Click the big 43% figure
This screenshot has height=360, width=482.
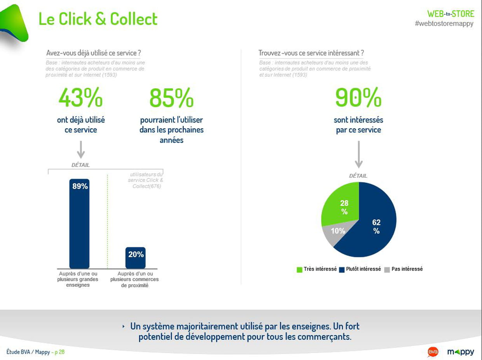(80, 97)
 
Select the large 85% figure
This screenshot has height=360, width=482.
(171, 98)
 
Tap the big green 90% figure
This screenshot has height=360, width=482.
(358, 97)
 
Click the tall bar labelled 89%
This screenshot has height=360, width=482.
(79, 224)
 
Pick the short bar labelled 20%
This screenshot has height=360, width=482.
(135, 258)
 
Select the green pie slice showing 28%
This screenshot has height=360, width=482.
(342, 204)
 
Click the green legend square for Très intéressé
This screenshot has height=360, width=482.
(299, 269)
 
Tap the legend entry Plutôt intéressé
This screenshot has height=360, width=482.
(360, 269)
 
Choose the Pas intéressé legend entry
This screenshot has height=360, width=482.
(403, 269)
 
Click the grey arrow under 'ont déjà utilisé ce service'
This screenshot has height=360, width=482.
(81, 150)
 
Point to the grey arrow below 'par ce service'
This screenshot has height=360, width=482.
(359, 155)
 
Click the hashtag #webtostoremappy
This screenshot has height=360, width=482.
(444, 23)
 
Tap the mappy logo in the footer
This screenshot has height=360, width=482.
(461, 352)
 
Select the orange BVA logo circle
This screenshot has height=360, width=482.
(433, 352)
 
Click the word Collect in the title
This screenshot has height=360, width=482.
(134, 19)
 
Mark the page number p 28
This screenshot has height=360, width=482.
(59, 352)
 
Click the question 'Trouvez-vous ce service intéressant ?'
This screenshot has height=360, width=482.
(311, 53)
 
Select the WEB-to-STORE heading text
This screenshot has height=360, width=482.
(451, 14)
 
